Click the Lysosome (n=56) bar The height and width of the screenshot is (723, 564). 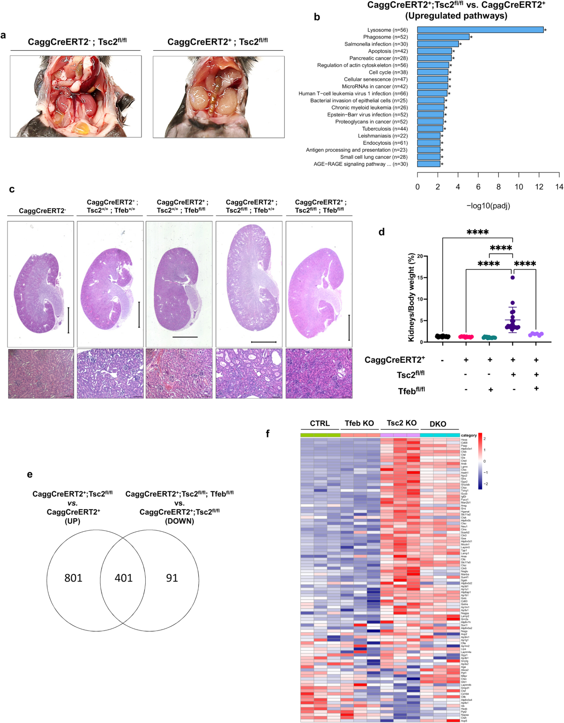(x=480, y=30)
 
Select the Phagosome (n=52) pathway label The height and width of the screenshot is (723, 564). (x=385, y=37)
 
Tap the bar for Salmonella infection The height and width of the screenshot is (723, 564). (x=438, y=44)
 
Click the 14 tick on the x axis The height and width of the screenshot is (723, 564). (x=559, y=187)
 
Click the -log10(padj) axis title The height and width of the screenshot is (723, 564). (x=488, y=206)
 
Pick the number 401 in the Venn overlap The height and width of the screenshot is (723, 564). (x=124, y=578)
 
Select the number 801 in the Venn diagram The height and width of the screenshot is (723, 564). (x=73, y=578)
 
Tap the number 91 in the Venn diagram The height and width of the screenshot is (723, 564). (x=172, y=578)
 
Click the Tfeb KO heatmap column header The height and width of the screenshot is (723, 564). (x=359, y=423)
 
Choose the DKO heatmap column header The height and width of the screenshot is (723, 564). (x=438, y=424)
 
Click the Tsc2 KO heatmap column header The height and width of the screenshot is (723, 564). (x=401, y=423)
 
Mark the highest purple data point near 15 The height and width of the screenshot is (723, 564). (x=513, y=278)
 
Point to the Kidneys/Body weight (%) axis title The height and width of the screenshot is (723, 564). (x=412, y=298)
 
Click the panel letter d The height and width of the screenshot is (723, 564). (x=382, y=232)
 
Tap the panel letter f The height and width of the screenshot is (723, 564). (x=268, y=433)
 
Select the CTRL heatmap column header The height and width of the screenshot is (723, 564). (x=320, y=423)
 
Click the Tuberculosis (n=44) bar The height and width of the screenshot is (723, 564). (x=430, y=129)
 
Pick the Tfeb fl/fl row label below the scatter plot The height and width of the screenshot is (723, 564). (x=411, y=391)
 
